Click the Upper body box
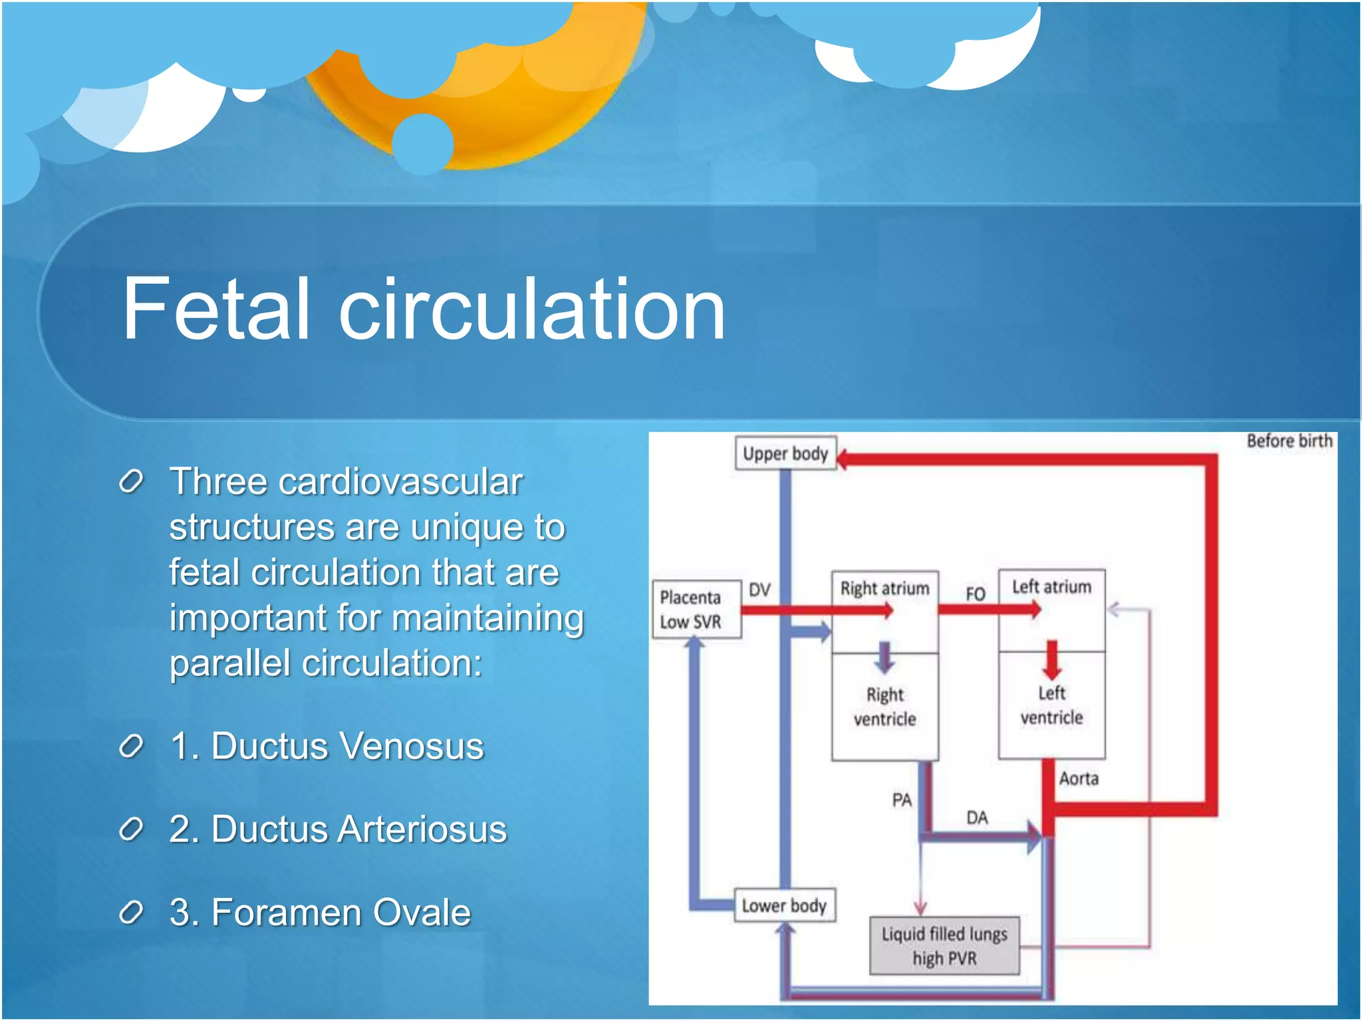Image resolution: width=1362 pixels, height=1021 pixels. coord(785,453)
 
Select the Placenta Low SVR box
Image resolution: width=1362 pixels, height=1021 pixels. coord(696,609)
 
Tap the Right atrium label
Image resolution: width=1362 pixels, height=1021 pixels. coord(885,588)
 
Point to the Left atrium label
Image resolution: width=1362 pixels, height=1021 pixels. coord(1051,587)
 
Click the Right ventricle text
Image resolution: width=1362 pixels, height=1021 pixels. coord(885,707)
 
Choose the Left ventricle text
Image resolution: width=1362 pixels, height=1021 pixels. coord(1051,705)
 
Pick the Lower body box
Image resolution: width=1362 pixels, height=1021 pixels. coord(784,905)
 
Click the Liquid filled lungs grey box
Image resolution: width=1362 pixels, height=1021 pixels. coord(944,946)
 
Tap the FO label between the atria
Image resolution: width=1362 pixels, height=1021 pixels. coord(975,594)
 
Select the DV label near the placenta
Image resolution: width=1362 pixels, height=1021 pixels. coord(759,590)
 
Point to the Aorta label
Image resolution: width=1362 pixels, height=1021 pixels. coord(1078,778)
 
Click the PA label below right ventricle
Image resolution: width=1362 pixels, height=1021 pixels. coord(902,800)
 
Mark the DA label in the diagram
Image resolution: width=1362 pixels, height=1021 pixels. coord(976,818)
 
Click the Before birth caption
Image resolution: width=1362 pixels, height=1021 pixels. coord(1289,441)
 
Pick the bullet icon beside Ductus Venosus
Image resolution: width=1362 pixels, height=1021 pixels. coord(131,746)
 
